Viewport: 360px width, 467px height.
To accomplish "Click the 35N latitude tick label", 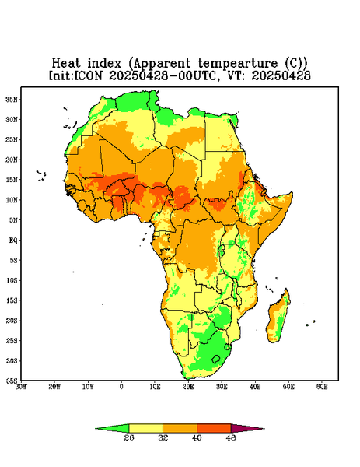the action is tap(12, 100).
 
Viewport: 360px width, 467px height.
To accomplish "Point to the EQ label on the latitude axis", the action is tap(12, 241).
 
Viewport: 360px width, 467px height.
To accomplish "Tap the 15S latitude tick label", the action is tap(12, 300).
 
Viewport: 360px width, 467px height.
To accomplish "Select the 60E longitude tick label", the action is tap(322, 387).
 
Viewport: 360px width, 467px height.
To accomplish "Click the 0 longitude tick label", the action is tap(121, 387).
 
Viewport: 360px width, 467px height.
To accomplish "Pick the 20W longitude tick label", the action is tap(54, 387).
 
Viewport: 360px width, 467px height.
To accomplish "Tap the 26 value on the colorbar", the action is tap(129, 437).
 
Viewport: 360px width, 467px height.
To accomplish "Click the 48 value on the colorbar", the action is tap(231, 437).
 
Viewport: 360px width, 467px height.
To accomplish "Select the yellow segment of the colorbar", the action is tap(145, 428).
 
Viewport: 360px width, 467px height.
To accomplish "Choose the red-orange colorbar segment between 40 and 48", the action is tap(214, 428).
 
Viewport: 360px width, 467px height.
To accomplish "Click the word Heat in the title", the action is tap(66, 64).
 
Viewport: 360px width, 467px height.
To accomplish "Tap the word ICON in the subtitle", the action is tap(88, 75).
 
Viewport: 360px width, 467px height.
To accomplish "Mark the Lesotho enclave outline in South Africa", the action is tap(216, 359).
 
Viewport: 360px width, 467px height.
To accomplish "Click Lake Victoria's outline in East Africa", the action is tap(221, 248).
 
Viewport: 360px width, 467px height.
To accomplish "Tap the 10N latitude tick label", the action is tap(12, 200).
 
